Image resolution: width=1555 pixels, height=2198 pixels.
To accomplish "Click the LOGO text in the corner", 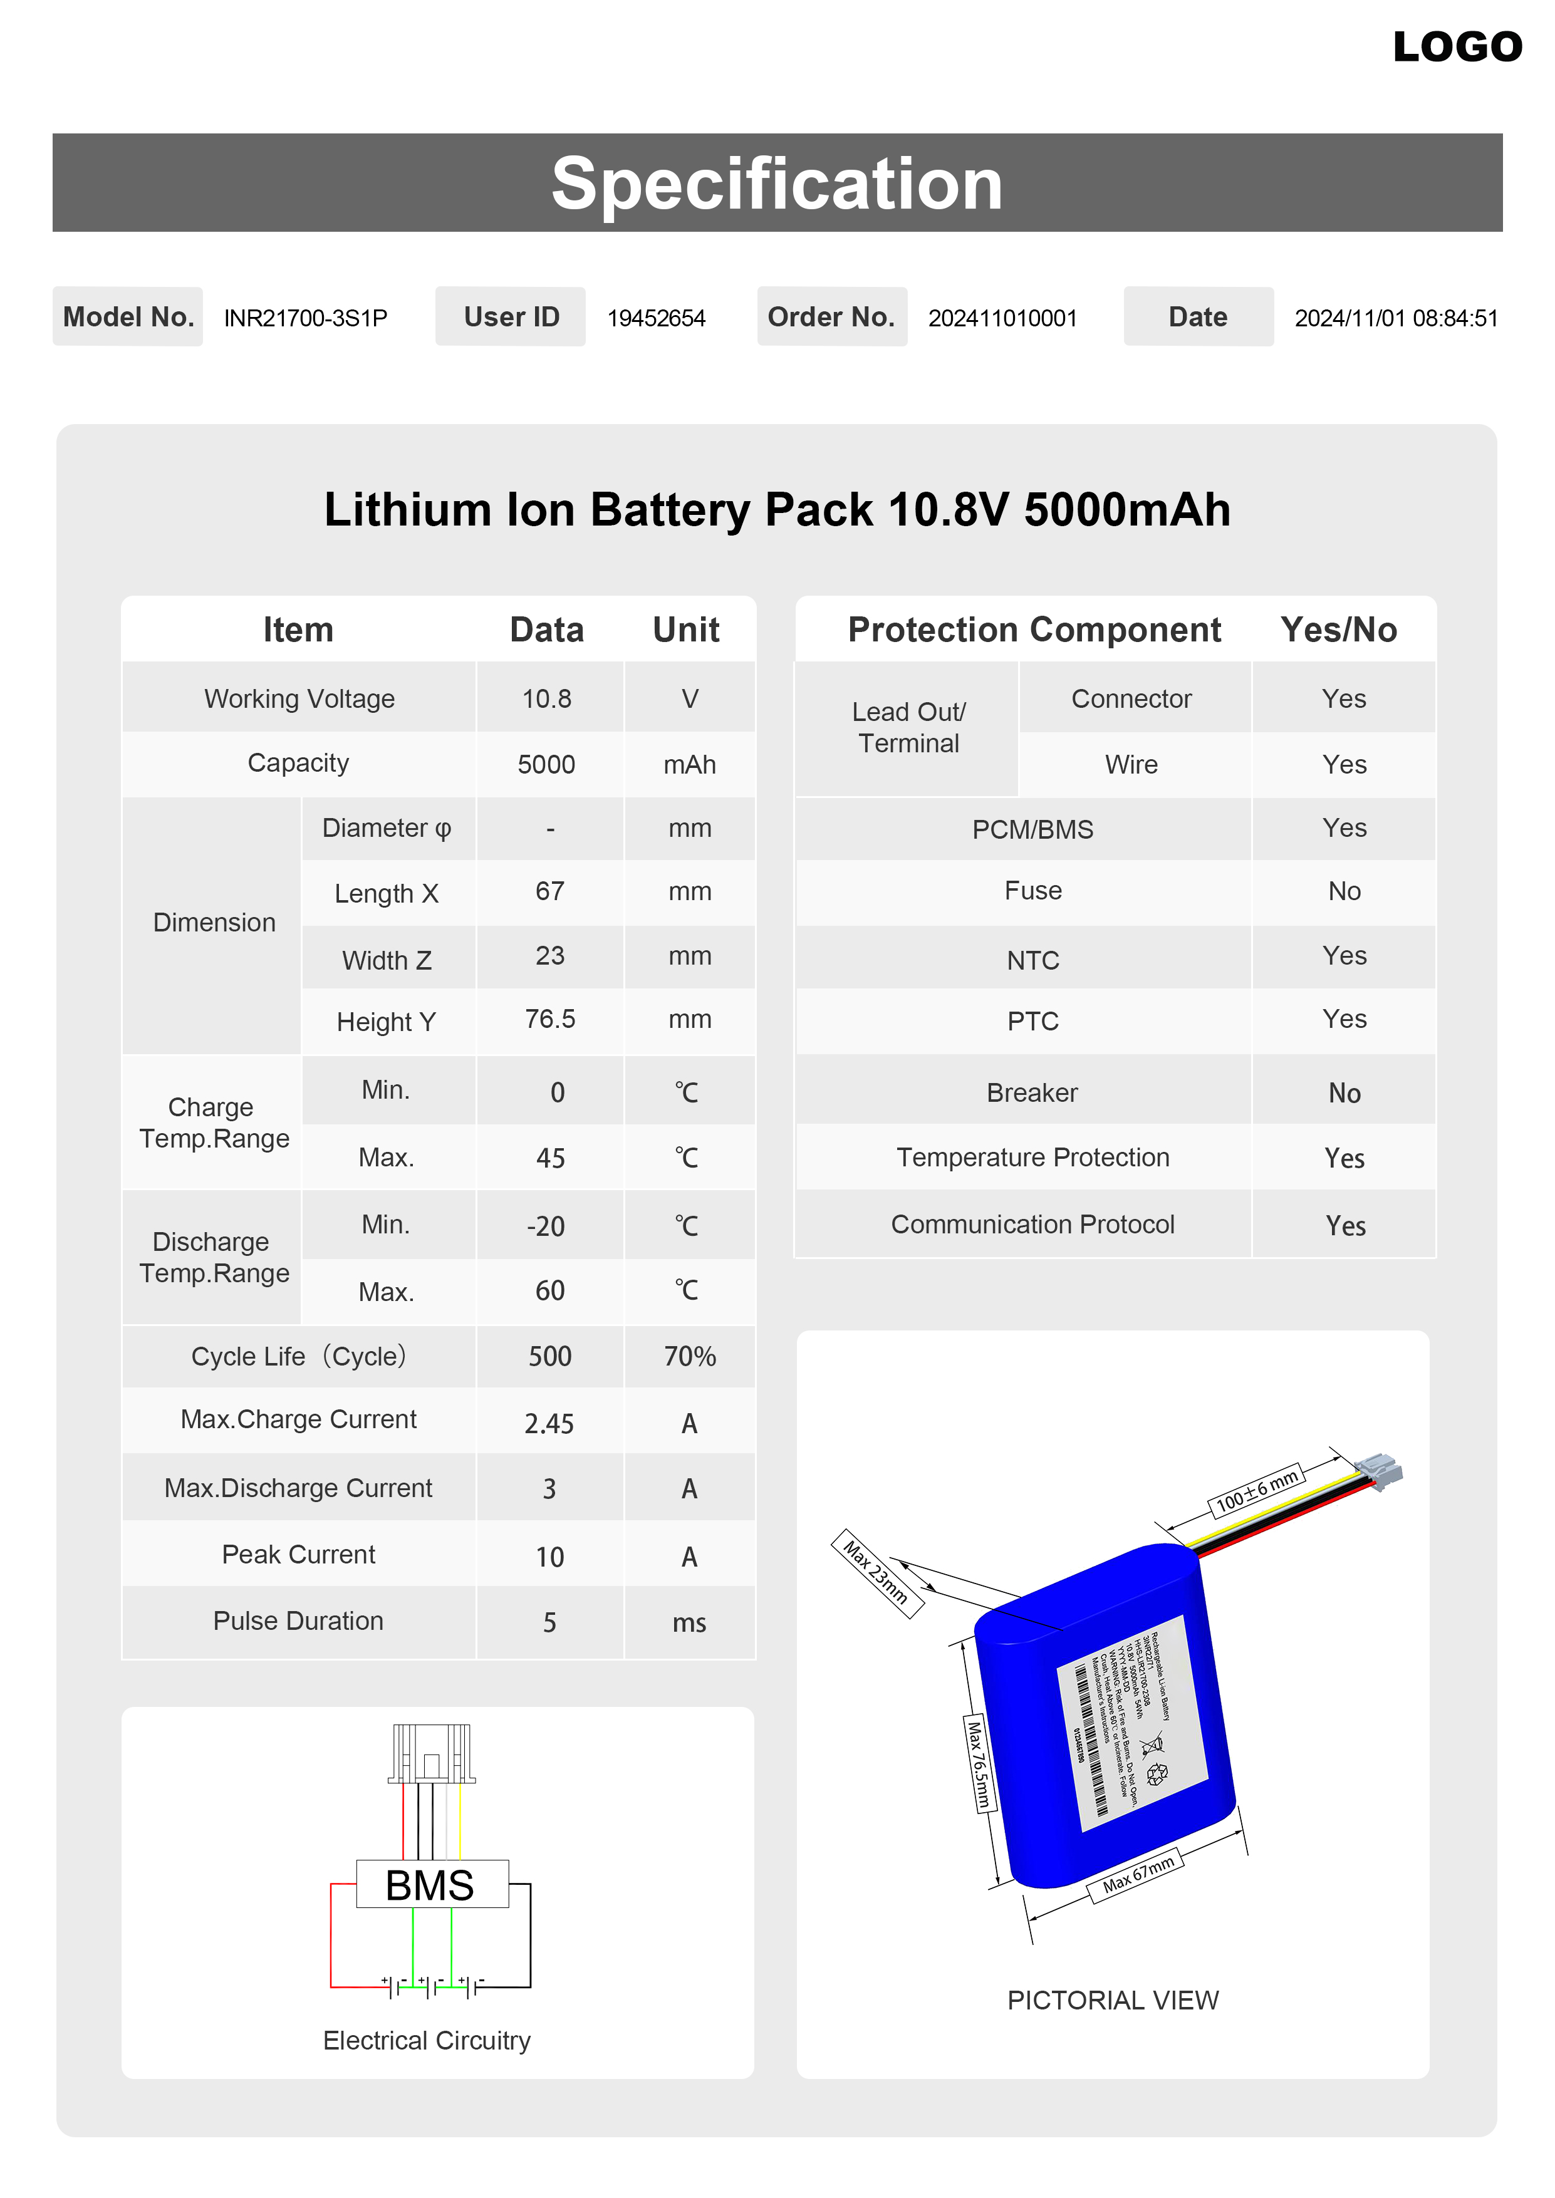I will click(x=1457, y=47).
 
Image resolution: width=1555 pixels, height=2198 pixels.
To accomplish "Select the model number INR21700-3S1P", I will click(x=306, y=318).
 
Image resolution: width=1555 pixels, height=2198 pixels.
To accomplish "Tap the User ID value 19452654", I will click(x=656, y=318).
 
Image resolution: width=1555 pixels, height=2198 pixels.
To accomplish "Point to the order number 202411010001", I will click(x=1002, y=318).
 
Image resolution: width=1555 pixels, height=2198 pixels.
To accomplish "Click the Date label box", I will click(x=1198, y=317).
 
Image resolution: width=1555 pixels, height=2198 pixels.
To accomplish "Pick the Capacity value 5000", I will click(x=547, y=764).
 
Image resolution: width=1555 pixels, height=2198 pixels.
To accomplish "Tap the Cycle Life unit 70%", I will click(x=689, y=1357).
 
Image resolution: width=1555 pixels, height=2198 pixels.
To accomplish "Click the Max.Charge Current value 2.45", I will click(x=549, y=1424).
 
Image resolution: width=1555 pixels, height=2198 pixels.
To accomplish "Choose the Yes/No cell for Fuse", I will click(x=1344, y=891).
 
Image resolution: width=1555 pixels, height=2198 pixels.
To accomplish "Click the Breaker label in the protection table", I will click(x=1032, y=1092).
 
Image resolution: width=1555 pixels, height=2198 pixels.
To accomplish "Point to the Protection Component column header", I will click(x=1034, y=630).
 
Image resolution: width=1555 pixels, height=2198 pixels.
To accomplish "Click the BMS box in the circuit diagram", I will click(x=431, y=1885).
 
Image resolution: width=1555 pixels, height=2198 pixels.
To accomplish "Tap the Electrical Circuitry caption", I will click(x=427, y=2040).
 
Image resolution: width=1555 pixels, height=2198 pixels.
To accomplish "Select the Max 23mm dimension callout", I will click(x=876, y=1573).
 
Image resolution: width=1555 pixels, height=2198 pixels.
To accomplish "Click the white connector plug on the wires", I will click(x=1380, y=1470).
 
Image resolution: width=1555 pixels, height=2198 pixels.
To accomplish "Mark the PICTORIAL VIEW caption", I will click(x=1113, y=2000).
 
